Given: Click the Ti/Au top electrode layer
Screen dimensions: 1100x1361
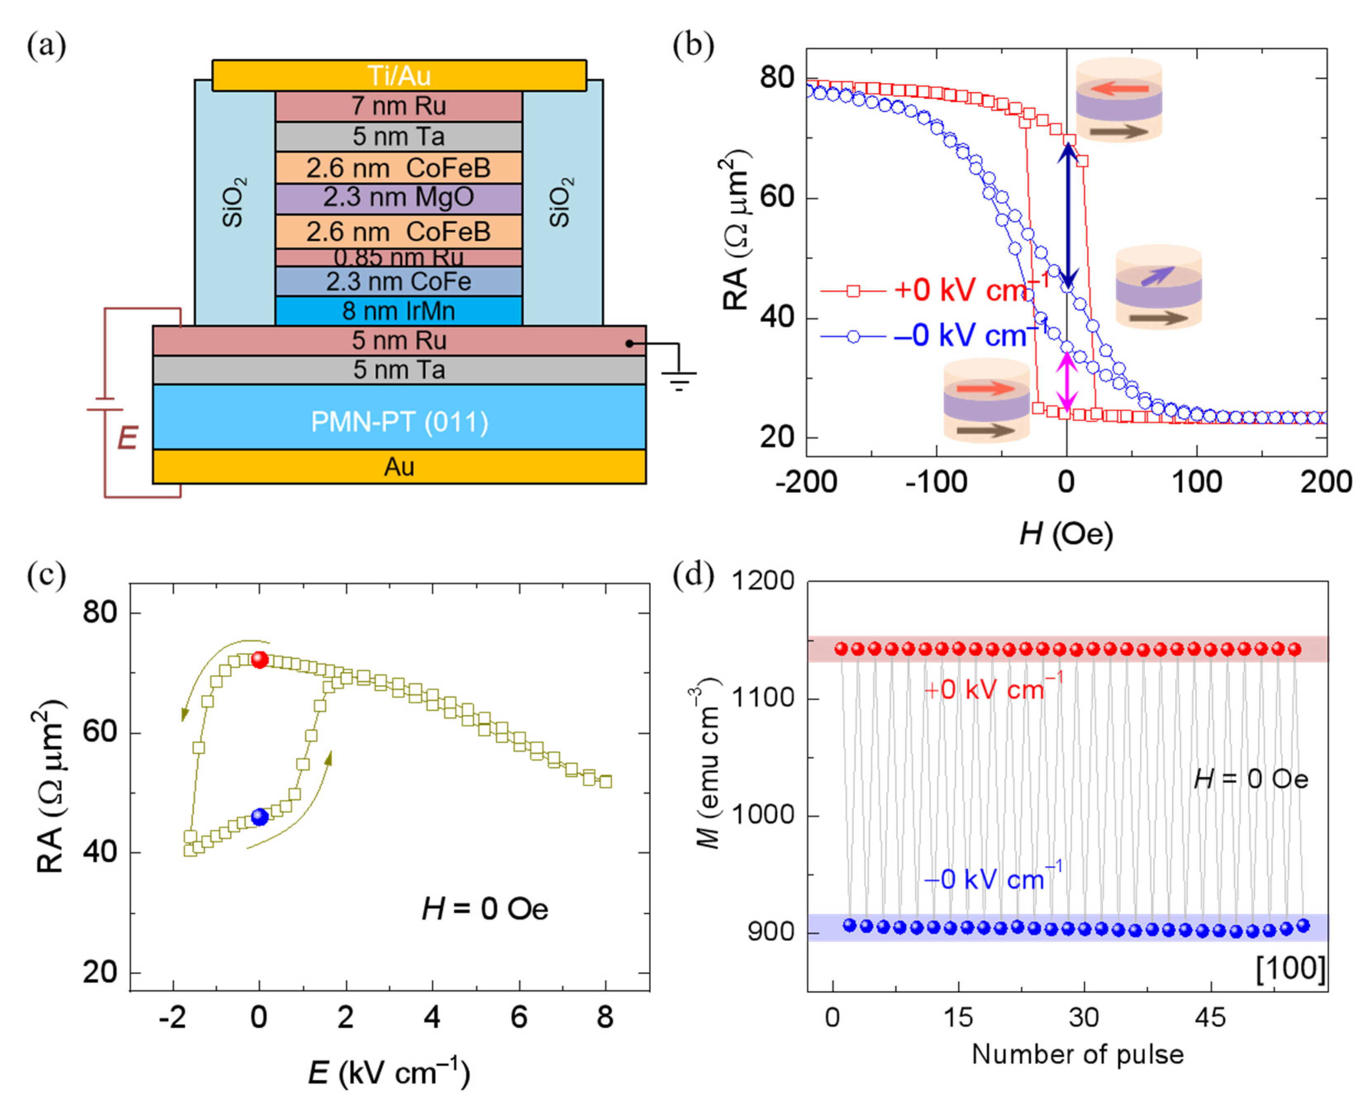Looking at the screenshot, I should tap(399, 75).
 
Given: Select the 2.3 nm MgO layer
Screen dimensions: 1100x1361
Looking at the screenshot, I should tap(399, 198).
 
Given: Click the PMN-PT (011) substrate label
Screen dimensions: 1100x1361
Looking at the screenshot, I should tap(399, 422).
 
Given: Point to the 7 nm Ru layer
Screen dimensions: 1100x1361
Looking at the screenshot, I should tap(399, 106).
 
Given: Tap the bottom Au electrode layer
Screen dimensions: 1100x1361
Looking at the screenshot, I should tap(399, 467).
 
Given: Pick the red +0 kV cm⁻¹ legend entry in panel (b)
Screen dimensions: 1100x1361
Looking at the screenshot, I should tap(937, 290).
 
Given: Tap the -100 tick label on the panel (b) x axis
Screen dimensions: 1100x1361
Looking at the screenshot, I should tap(936, 482).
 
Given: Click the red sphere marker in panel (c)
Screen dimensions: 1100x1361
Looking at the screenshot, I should tap(260, 660).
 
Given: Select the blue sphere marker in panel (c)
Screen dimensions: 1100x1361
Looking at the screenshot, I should tap(260, 817).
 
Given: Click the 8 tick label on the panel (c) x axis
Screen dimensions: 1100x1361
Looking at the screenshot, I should tap(606, 1018).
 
